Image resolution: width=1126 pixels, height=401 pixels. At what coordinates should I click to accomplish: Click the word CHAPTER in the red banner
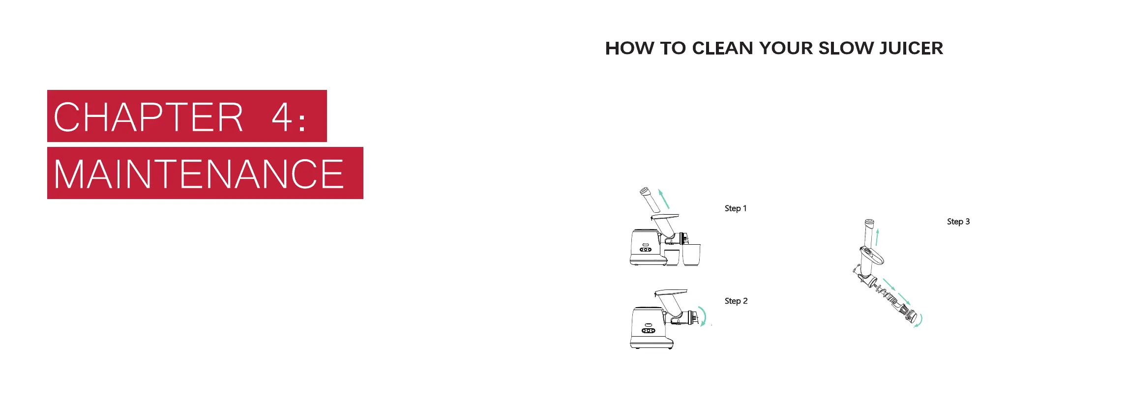click(148, 117)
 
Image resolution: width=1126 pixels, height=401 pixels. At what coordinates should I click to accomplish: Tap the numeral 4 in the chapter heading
click(282, 117)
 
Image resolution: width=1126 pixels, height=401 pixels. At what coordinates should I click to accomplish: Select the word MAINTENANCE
click(199, 174)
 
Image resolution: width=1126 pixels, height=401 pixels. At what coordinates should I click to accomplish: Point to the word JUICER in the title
click(911, 48)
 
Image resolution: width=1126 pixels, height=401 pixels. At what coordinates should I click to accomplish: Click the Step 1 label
click(735, 208)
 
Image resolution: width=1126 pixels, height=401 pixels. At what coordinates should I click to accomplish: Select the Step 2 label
click(736, 301)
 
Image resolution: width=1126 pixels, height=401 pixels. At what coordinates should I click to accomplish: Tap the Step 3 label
click(958, 222)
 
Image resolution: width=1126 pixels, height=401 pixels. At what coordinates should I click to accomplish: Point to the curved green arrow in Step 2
click(703, 316)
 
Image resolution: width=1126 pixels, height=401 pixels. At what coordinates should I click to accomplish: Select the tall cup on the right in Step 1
click(691, 255)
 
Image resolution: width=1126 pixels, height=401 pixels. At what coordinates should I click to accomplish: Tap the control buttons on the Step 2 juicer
click(649, 330)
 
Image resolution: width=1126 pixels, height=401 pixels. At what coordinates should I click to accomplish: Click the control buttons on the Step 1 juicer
click(646, 250)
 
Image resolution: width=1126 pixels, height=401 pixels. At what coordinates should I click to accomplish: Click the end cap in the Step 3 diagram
click(910, 316)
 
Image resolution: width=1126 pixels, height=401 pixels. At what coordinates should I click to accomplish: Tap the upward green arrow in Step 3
click(877, 237)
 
